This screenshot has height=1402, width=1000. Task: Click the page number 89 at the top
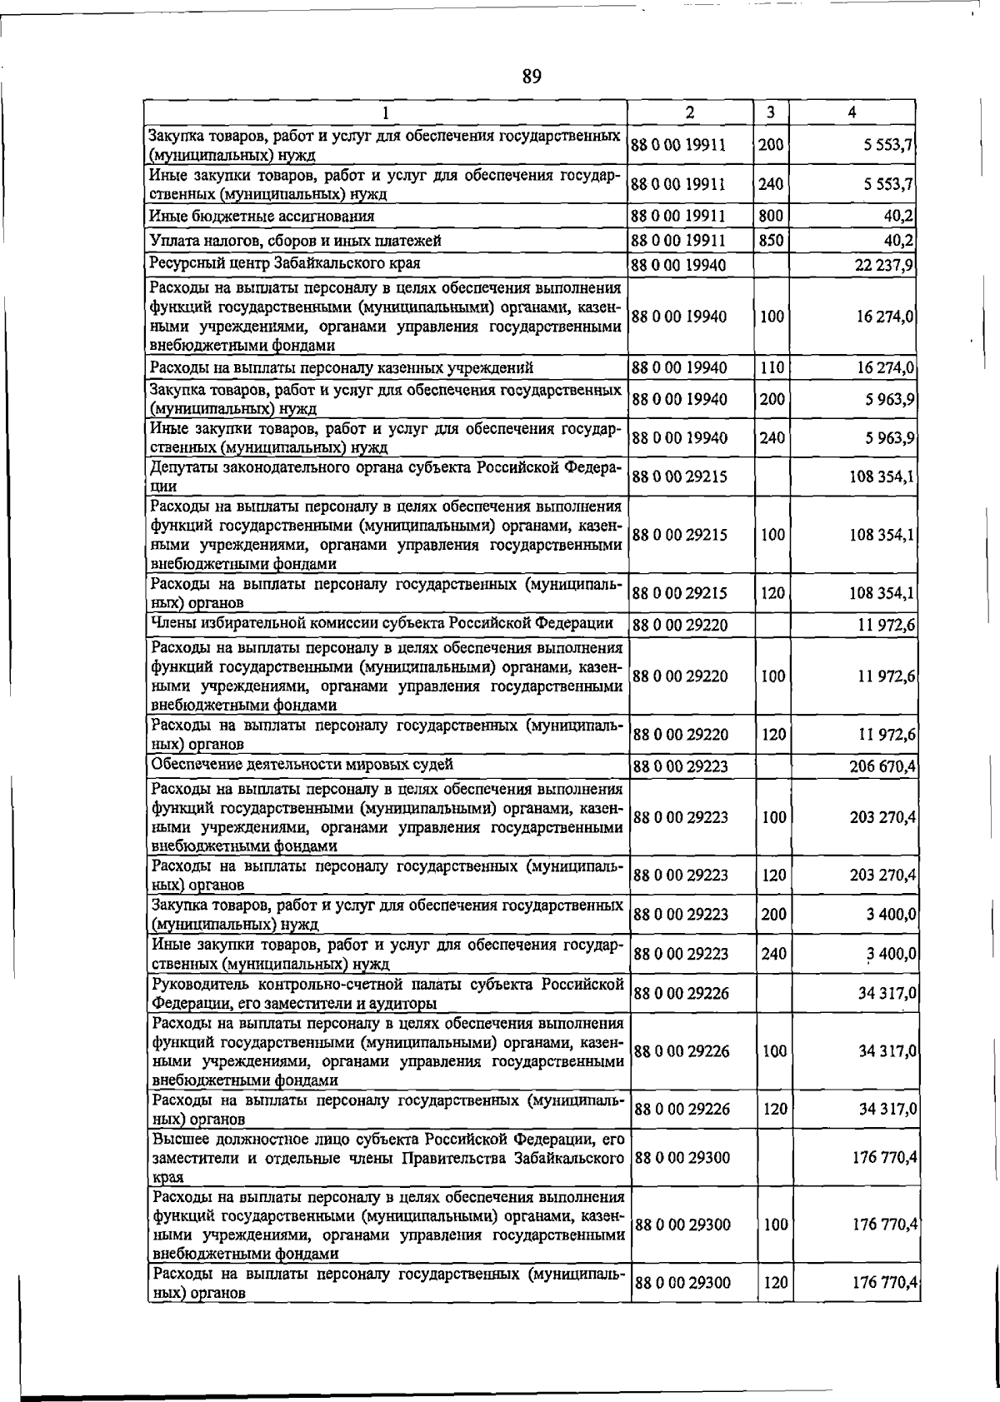[x=532, y=77]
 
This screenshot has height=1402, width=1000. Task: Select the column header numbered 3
[x=771, y=112]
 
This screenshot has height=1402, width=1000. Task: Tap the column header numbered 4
[x=851, y=112]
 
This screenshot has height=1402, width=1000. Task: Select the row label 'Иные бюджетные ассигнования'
[x=262, y=216]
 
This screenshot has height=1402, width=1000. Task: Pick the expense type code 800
[x=771, y=216]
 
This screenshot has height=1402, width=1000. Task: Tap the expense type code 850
[x=771, y=241]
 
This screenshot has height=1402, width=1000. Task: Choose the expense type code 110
[x=772, y=367]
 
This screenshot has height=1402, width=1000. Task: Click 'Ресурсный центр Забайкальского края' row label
[x=284, y=263]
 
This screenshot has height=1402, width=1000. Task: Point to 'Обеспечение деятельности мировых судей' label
[x=302, y=764]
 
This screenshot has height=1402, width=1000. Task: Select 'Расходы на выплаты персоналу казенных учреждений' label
[x=342, y=367]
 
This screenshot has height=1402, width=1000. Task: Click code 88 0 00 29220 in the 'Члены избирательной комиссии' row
[x=680, y=625]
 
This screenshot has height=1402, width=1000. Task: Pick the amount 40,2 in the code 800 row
[x=898, y=216]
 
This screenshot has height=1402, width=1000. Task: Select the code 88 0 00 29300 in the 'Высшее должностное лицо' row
[x=682, y=1158]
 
